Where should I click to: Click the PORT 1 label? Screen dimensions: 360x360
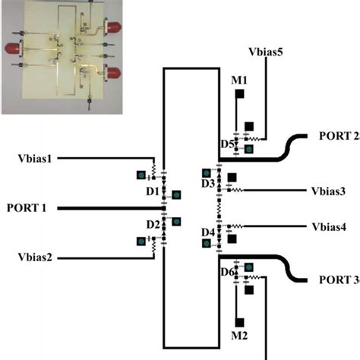pyautogui.click(x=28, y=207)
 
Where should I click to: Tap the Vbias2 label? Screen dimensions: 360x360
pyautogui.click(x=35, y=257)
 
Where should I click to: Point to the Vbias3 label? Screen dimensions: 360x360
pyautogui.click(x=328, y=191)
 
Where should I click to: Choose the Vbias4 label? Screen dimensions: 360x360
pyautogui.click(x=328, y=227)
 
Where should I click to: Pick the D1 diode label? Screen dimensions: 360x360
pyautogui.click(x=152, y=189)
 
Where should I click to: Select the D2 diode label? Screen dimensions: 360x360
pyautogui.click(x=152, y=225)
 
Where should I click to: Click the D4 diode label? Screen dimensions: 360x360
pyautogui.click(x=208, y=232)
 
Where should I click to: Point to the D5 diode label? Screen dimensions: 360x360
pyautogui.click(x=226, y=144)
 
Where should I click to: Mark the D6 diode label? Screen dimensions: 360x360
pyautogui.click(x=226, y=272)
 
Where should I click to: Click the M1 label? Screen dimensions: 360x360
pyautogui.click(x=238, y=80)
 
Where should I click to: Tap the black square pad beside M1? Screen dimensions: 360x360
pyautogui.click(x=239, y=94)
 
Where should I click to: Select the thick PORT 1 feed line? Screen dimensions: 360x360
pyautogui.click(x=106, y=207)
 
